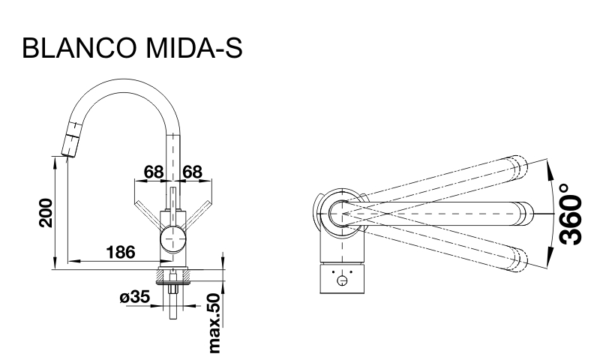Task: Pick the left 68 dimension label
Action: click(x=154, y=172)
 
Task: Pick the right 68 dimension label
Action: click(x=193, y=172)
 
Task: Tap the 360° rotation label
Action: click(x=571, y=214)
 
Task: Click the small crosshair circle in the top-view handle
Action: click(x=343, y=282)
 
